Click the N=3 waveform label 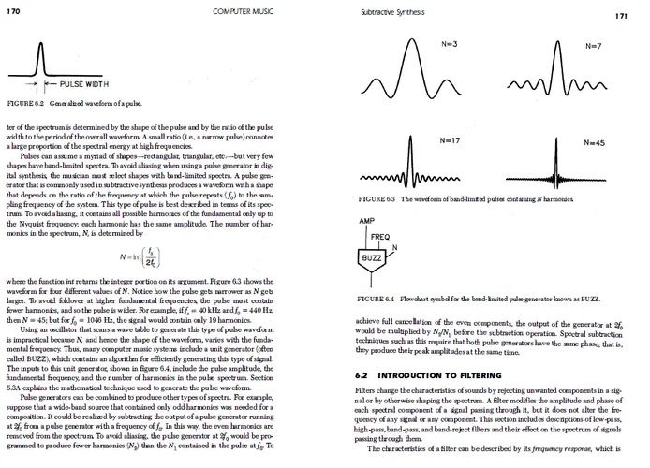click(x=449, y=45)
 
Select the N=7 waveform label click(x=593, y=46)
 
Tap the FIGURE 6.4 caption click(x=465, y=299)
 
